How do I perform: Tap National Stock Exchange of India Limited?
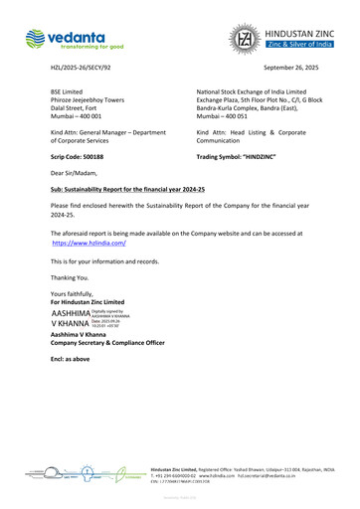[x=259, y=90]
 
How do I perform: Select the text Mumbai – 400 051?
[x=226, y=116]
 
